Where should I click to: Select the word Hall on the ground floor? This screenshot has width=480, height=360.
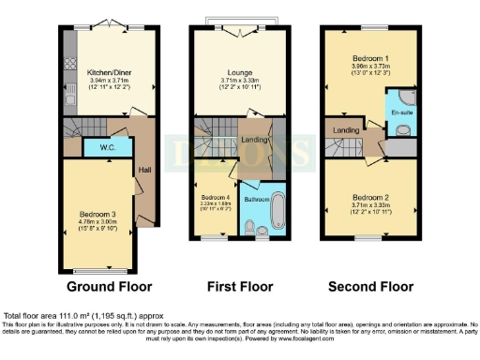pyautogui.click(x=143, y=171)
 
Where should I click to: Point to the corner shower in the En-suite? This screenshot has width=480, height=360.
pyautogui.click(x=407, y=98)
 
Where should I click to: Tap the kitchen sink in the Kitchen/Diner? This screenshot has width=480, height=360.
pyautogui.click(x=70, y=91)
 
